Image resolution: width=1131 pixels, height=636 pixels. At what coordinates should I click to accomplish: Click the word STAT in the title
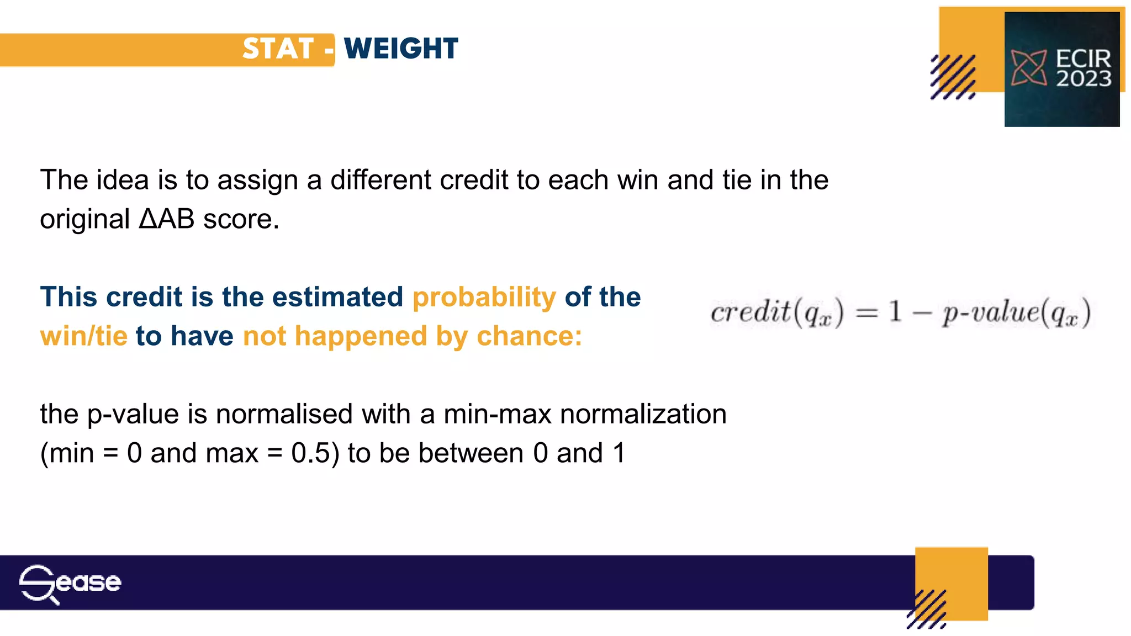click(278, 49)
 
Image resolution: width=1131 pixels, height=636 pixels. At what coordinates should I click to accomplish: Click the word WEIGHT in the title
click(401, 49)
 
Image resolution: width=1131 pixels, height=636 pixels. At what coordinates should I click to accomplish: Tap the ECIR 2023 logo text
click(1082, 68)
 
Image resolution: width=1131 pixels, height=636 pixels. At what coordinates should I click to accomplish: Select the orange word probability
click(484, 298)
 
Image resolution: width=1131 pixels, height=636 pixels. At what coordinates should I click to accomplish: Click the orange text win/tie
click(84, 336)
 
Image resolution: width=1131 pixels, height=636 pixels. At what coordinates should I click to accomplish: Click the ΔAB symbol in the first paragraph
click(166, 219)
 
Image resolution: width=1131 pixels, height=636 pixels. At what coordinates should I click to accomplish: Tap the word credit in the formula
click(751, 312)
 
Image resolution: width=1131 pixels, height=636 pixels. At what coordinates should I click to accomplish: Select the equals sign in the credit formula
click(866, 313)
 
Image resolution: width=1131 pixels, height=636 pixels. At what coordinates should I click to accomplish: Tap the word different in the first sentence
click(380, 180)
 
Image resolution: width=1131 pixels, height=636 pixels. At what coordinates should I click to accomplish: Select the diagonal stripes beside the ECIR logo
click(953, 77)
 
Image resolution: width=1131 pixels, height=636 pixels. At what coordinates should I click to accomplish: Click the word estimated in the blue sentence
click(337, 298)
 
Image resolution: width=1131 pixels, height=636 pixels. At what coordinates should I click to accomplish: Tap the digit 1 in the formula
click(895, 312)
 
